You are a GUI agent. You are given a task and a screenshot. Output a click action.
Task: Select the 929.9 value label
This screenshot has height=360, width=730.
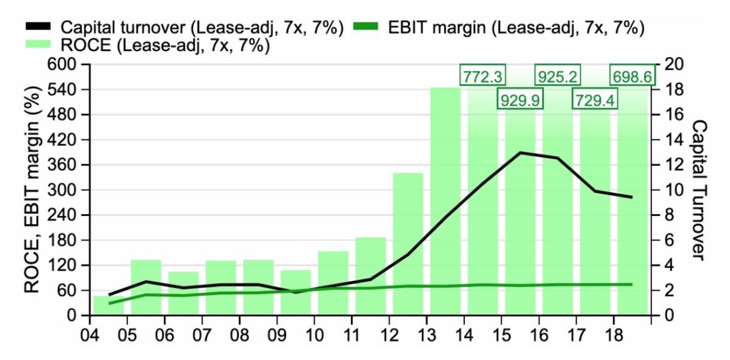click(520, 100)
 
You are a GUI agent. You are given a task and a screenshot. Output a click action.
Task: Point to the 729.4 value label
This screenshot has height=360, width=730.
click(595, 100)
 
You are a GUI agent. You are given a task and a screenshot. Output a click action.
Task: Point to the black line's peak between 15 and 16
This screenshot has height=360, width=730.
click(521, 153)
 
